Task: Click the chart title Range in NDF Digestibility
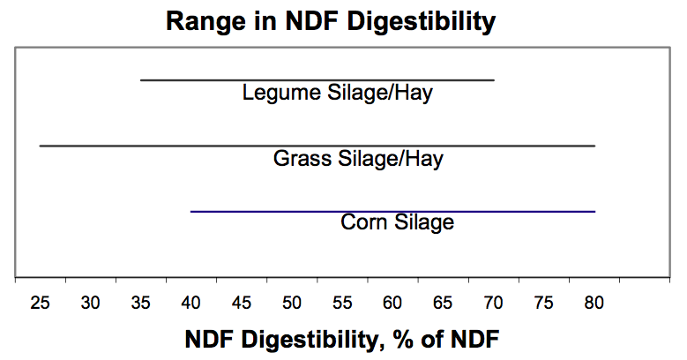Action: [331, 21]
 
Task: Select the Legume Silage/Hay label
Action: [338, 93]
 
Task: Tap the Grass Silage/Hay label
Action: [358, 158]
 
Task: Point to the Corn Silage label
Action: [397, 222]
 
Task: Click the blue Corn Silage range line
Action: [393, 212]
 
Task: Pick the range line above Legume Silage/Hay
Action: [317, 80]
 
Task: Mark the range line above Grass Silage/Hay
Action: [317, 146]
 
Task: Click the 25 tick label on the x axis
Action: [40, 303]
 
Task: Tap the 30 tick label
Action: [90, 303]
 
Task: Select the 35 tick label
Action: [140, 303]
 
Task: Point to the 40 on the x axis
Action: [191, 303]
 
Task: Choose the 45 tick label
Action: [242, 303]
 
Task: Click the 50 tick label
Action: [292, 303]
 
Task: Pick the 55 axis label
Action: [342, 303]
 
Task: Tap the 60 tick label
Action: [392, 303]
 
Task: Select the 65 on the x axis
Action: [443, 303]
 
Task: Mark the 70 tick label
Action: [493, 303]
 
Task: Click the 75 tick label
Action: [543, 303]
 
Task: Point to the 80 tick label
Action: [594, 303]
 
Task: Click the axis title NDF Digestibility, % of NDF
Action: [342, 340]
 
